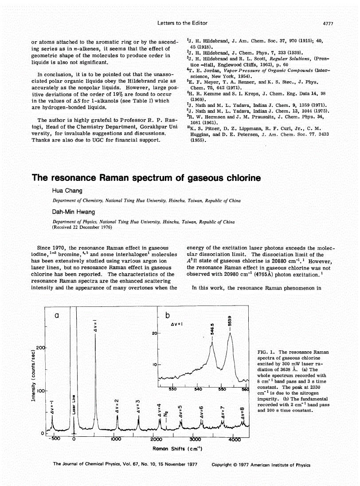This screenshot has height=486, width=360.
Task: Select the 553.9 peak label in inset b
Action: click(x=230, y=322)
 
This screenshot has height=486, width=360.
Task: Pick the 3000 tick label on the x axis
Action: click(x=196, y=439)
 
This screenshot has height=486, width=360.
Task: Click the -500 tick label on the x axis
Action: click(x=53, y=439)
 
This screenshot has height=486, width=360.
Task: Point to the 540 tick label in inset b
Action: click(x=198, y=389)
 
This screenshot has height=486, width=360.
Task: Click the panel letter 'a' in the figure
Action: click(x=56, y=316)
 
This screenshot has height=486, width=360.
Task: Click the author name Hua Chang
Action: click(x=67, y=191)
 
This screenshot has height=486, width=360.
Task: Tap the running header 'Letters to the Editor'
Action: click(x=182, y=23)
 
